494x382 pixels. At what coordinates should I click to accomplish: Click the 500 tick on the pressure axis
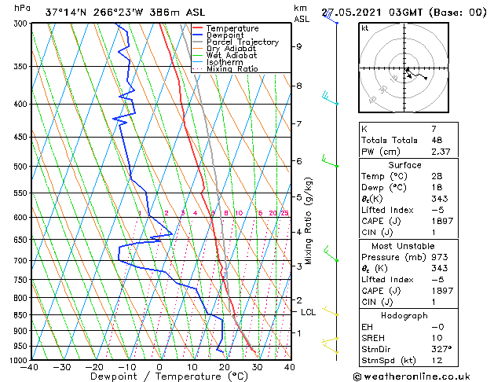click(x=20, y=167)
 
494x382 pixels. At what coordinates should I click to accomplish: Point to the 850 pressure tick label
click(x=20, y=314)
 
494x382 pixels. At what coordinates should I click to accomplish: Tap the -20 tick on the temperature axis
click(x=94, y=366)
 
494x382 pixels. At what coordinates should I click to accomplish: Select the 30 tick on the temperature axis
click(x=257, y=366)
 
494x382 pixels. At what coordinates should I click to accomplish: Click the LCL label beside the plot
click(x=309, y=312)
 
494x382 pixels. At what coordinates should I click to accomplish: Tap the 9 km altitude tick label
click(x=298, y=46)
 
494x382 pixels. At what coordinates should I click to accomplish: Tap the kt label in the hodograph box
click(x=364, y=28)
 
